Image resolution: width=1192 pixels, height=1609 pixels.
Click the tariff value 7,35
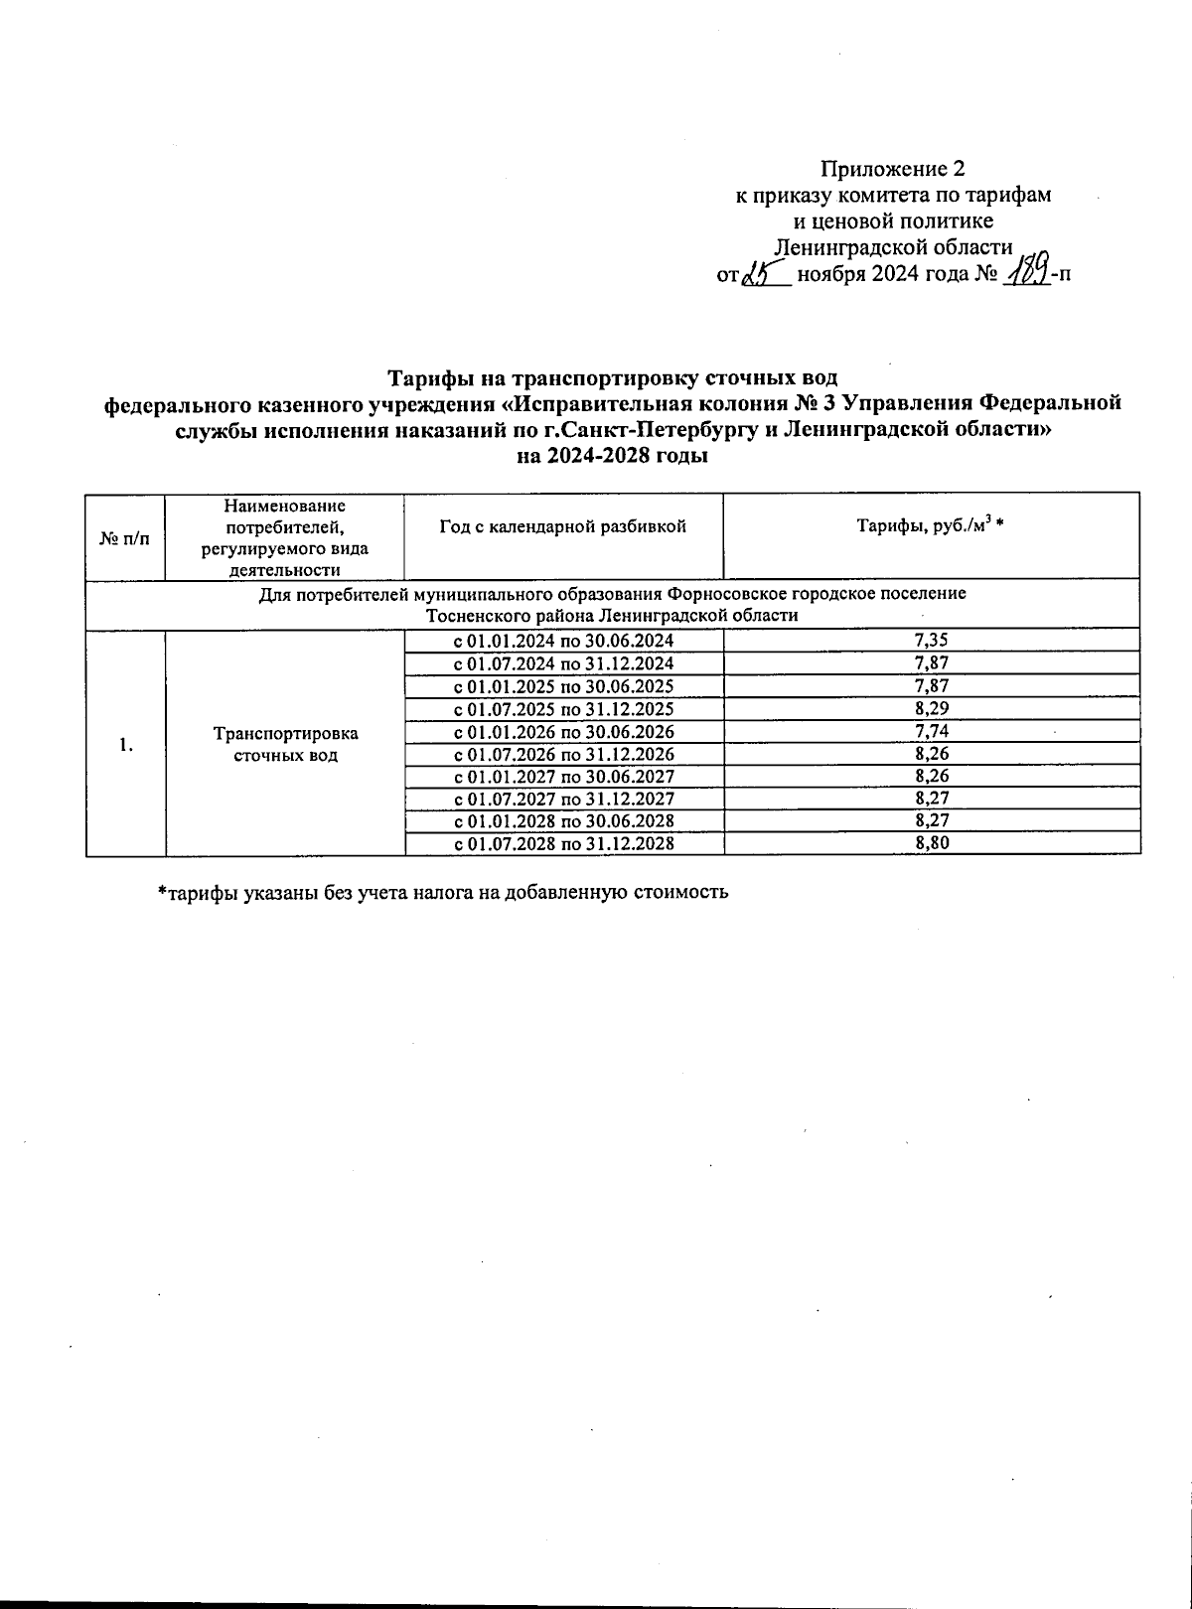(x=931, y=640)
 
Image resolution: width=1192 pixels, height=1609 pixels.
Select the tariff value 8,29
(x=931, y=709)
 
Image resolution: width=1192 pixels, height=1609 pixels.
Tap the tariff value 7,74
(x=931, y=732)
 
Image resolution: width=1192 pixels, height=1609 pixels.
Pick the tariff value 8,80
(x=931, y=844)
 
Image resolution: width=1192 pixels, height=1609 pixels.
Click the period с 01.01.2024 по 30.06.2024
(x=563, y=640)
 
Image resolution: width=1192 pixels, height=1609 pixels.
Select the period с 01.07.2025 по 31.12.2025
(x=563, y=709)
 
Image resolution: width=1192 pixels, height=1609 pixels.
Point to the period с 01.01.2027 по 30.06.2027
(x=563, y=777)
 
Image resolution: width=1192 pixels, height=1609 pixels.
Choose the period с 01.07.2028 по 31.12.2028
(x=563, y=844)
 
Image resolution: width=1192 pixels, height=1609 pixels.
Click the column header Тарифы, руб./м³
(x=931, y=527)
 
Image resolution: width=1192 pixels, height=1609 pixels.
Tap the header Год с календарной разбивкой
(x=563, y=527)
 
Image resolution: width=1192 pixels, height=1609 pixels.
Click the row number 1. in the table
(x=125, y=744)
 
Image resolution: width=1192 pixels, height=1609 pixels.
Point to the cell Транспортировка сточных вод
(x=285, y=744)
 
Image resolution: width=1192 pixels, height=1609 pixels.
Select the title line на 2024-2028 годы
(x=613, y=457)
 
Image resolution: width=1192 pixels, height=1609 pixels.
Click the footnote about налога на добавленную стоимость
(x=443, y=892)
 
